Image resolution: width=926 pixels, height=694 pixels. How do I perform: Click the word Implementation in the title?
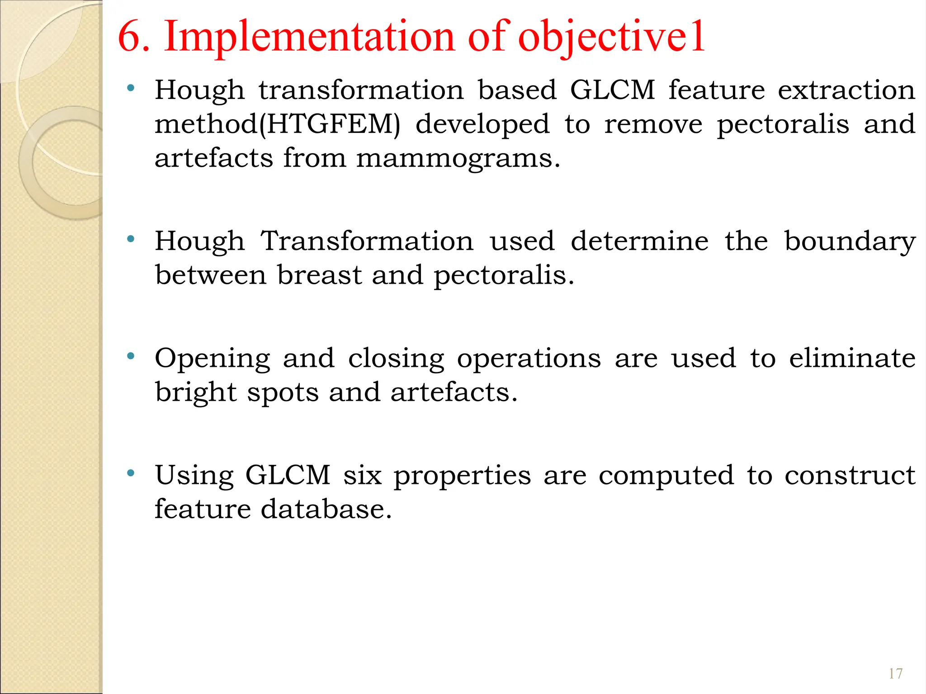(x=309, y=37)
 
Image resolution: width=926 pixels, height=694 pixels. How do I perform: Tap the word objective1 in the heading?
(x=611, y=37)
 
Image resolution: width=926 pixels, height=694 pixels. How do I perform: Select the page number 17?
(x=895, y=674)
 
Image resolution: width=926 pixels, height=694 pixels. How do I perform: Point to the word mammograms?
(x=458, y=158)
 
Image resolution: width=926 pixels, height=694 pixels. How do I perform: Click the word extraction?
(x=846, y=90)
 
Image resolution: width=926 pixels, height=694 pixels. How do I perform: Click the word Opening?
(x=213, y=358)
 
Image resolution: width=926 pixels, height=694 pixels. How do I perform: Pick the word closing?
(x=396, y=358)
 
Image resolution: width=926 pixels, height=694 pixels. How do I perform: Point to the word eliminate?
(x=852, y=358)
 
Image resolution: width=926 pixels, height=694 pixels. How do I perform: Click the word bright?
(x=196, y=392)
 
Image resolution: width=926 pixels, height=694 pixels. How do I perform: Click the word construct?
(x=850, y=475)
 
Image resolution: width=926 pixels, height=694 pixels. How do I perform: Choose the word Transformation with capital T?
(x=367, y=241)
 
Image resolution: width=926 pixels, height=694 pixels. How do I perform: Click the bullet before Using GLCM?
(x=131, y=474)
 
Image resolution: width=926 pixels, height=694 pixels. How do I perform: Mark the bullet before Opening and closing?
(x=131, y=356)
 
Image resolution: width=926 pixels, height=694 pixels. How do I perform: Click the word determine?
(x=639, y=241)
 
